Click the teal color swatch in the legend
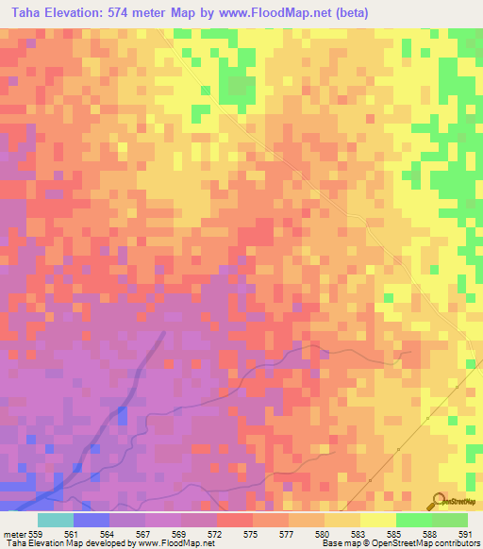click(55, 520)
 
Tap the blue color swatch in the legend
click(91, 520)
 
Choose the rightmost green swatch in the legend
click(449, 520)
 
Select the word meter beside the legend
click(12, 533)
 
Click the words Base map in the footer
click(338, 543)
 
